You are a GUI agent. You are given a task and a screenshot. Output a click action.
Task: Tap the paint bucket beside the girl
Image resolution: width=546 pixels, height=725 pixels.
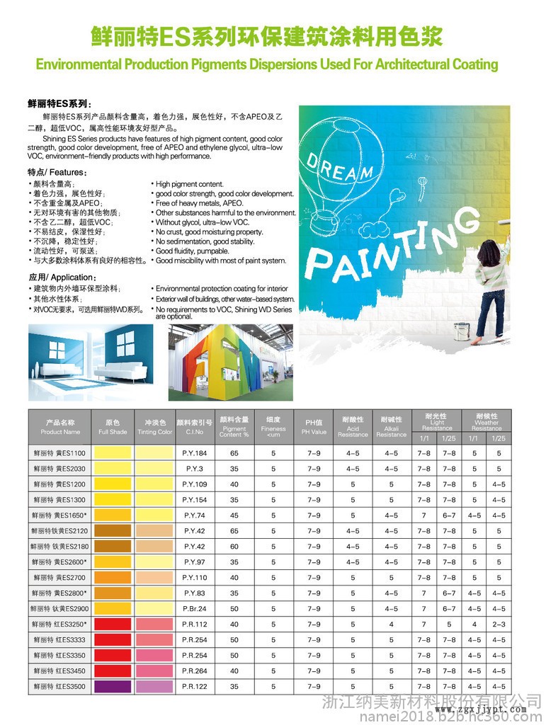[463, 330]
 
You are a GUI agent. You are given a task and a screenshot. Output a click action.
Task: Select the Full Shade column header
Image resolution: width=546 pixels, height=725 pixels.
[113, 426]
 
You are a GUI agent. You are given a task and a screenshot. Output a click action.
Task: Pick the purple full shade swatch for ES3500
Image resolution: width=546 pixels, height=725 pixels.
[113, 686]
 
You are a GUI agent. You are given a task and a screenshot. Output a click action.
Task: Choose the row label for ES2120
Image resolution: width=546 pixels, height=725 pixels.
[60, 530]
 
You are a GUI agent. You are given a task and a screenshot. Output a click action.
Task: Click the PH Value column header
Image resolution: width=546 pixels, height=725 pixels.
[314, 426]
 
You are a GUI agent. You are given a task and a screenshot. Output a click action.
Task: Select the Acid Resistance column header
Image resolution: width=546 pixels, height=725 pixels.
[353, 426]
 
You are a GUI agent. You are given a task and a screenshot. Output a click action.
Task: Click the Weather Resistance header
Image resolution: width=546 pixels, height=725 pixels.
[487, 421]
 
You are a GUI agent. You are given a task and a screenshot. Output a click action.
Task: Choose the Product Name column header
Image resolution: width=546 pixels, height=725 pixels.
[60, 426]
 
